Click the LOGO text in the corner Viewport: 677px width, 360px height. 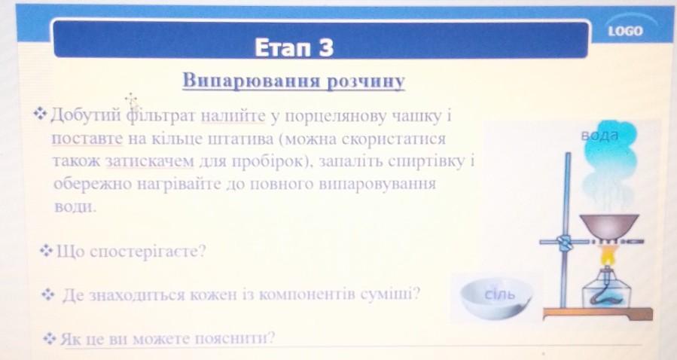pyautogui.click(x=626, y=31)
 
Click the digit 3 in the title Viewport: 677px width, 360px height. pyautogui.click(x=326, y=47)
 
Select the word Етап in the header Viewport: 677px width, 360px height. pyautogui.click(x=284, y=47)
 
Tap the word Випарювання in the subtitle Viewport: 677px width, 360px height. pyautogui.click(x=252, y=81)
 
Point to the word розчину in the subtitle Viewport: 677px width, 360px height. pyautogui.click(x=366, y=81)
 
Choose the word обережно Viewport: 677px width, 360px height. pyautogui.click(x=93, y=184)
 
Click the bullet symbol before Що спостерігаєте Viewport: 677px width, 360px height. pyautogui.click(x=46, y=250)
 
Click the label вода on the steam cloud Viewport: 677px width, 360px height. pyautogui.click(x=600, y=136)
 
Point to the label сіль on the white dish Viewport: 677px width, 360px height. pyautogui.click(x=500, y=294)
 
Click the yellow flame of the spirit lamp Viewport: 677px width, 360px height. pyautogui.click(x=608, y=256)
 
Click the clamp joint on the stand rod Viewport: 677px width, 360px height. pyautogui.click(x=564, y=243)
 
